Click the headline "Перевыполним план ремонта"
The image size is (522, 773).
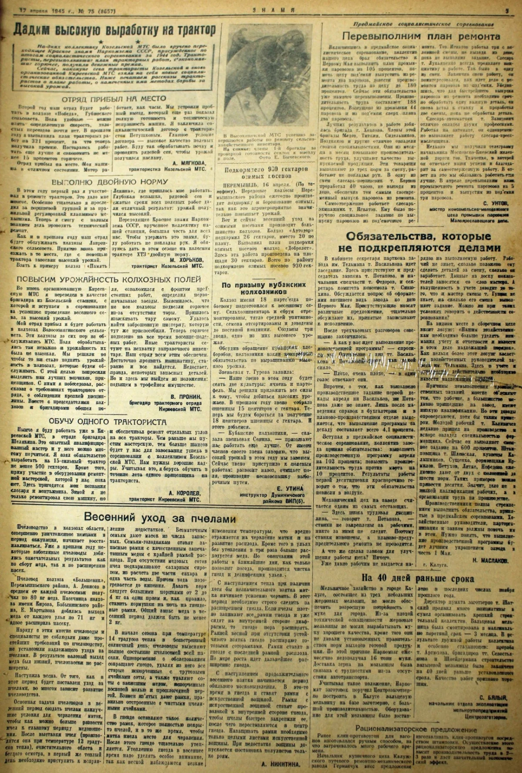tap(421, 36)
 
